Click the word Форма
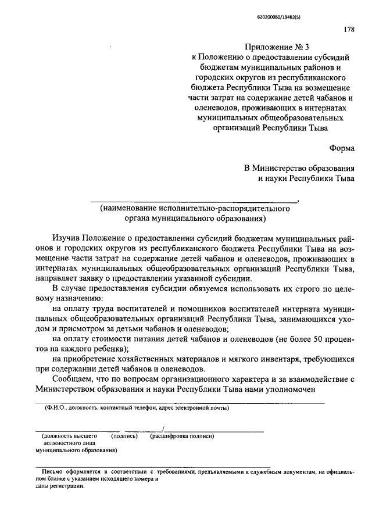pyautogui.click(x=342, y=148)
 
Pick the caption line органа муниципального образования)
pyautogui.click(x=195, y=219)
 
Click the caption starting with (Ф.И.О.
pyautogui.click(x=137, y=408)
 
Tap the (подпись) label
pyautogui.click(x=123, y=435)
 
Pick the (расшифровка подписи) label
pyautogui.click(x=182, y=435)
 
